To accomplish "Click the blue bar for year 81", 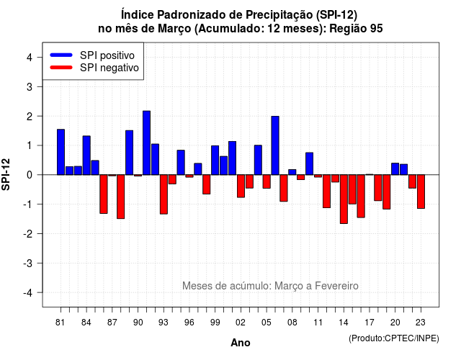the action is (61, 152).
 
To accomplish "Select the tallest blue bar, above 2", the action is (146, 143).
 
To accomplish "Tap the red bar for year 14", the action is (344, 199).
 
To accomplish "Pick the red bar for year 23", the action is (421, 192).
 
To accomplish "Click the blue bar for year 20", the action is (395, 169).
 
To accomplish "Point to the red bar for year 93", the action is (164, 194).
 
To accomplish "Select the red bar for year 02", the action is (241, 186).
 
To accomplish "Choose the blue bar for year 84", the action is (86, 156).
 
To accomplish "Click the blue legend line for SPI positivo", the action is (61, 55).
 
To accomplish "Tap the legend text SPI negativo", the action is (109, 68).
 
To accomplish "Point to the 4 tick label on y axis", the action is (30, 57).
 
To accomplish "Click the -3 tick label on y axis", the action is (27, 263).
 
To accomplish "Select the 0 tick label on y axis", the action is (30, 175).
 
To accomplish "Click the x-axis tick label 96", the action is (189, 323).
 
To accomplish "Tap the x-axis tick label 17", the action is (370, 323).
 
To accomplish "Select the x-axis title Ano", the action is (241, 343).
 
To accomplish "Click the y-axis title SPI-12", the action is (6, 174).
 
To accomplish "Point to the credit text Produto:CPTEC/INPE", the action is (394, 338).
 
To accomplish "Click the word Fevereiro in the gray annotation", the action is (336, 286).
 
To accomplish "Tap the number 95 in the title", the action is (377, 29).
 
